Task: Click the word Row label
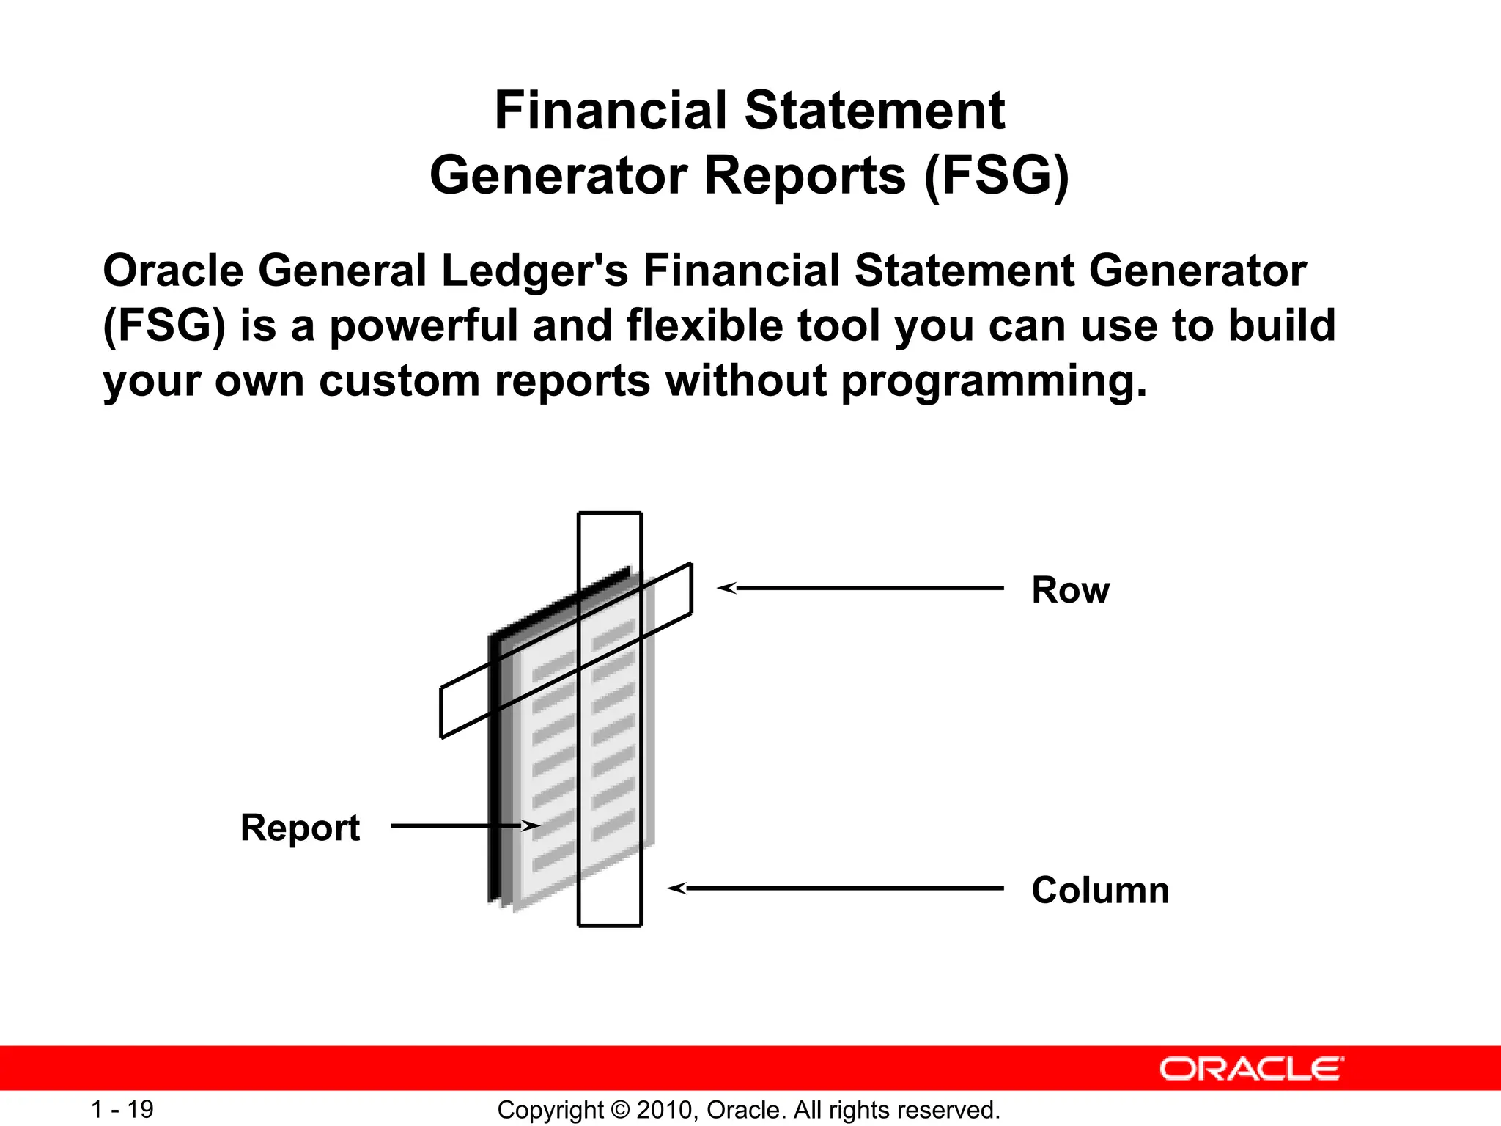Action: [1070, 590]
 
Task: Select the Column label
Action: [1099, 890]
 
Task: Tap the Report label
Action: [300, 828]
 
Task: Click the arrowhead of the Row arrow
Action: [725, 588]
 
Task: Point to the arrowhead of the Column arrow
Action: [675, 888]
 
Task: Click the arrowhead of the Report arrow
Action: [534, 826]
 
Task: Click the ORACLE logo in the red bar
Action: [1251, 1069]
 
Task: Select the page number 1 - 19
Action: [122, 1109]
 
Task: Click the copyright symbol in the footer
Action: [620, 1110]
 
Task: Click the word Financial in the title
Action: [611, 111]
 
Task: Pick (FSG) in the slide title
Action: [996, 176]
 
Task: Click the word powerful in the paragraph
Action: [424, 325]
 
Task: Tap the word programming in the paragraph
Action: [993, 381]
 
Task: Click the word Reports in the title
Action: [804, 176]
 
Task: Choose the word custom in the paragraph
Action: [399, 381]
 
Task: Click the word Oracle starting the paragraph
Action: [173, 271]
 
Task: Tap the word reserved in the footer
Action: [957, 1110]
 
